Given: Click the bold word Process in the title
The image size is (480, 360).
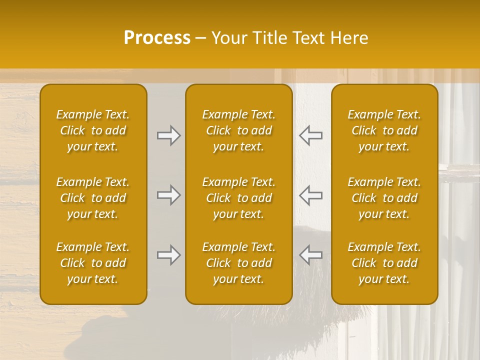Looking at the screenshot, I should pos(157,38).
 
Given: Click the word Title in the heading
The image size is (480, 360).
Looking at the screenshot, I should pos(268,38).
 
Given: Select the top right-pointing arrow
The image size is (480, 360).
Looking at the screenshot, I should pos(168,135).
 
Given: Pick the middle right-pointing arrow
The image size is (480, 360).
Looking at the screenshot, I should pos(168,194).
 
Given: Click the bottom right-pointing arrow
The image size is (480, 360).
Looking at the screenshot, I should pos(168,255).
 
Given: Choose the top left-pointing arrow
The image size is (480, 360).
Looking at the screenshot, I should pos(310,135).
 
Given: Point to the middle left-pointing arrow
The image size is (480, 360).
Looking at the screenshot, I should pos(310,194).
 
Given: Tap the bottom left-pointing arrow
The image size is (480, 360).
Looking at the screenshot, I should pos(310,255).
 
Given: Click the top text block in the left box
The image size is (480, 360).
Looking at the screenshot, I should pos(93,130).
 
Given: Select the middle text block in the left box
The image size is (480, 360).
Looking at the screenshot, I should pos(93,198).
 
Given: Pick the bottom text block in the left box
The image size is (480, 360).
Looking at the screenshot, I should pos(93,263).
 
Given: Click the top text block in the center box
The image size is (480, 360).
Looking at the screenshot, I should pos(239,130).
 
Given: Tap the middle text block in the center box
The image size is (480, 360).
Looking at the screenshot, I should pos(239,198).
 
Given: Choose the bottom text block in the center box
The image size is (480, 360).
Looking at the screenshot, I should pos(239,263).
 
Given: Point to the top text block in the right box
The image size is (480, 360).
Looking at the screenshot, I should pos(384,130).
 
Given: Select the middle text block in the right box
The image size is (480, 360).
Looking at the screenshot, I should pos(384,198).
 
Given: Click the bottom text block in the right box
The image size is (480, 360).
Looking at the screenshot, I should pos(384,263).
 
